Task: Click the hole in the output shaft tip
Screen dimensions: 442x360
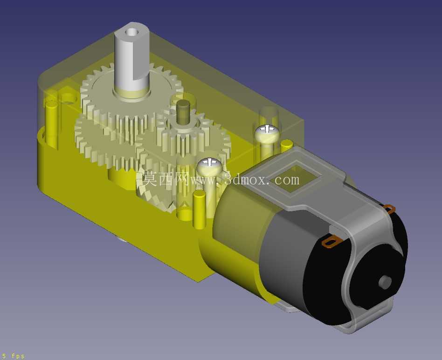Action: pos(131,31)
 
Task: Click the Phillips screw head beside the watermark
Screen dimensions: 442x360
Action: pos(209,166)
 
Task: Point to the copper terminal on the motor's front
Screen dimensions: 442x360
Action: pos(332,242)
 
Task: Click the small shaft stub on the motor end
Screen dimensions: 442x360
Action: pos(385,281)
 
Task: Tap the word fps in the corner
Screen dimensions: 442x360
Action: pos(18,356)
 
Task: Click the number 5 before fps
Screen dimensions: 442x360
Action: pos(4,356)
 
